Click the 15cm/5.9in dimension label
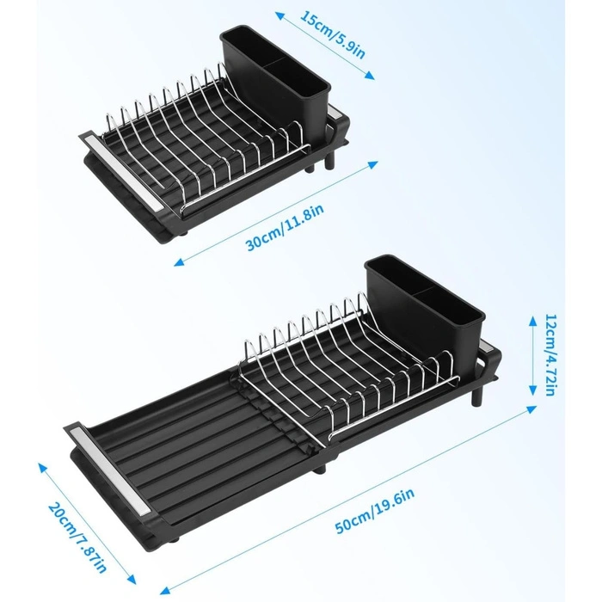(x=333, y=35)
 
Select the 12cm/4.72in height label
(x=550, y=354)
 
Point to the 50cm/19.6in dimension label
(x=375, y=510)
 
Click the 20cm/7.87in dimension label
(x=77, y=537)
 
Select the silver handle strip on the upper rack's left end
(x=125, y=170)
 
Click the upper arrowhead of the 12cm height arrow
(x=533, y=320)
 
